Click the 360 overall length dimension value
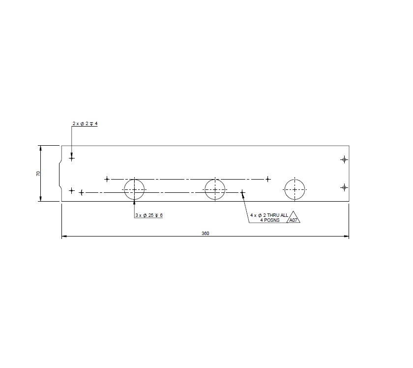click(x=206, y=234)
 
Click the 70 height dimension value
click(x=38, y=174)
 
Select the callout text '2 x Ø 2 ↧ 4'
click(x=85, y=124)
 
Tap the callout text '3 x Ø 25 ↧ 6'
click(x=149, y=215)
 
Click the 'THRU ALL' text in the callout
click(x=278, y=215)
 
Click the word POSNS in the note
click(x=270, y=220)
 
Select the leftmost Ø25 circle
click(x=134, y=189)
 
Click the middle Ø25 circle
click(x=215, y=189)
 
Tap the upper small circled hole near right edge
click(x=344, y=159)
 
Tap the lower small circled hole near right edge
click(x=344, y=187)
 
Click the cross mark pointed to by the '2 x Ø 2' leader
click(x=72, y=158)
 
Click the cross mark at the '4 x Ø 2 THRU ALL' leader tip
click(x=242, y=193)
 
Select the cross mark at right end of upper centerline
click(x=267, y=179)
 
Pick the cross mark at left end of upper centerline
click(x=107, y=179)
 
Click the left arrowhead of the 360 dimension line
click(x=64, y=237)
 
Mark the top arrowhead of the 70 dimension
click(x=40, y=148)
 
